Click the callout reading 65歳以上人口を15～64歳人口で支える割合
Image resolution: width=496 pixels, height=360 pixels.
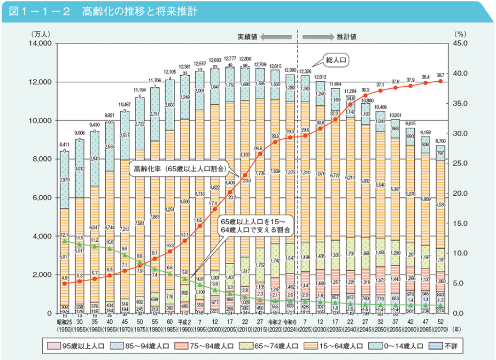point(256,225)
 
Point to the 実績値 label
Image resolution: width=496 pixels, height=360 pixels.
point(246,37)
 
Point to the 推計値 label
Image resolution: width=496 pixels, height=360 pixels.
point(346,37)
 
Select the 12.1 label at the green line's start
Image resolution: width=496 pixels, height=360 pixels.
point(65,235)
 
